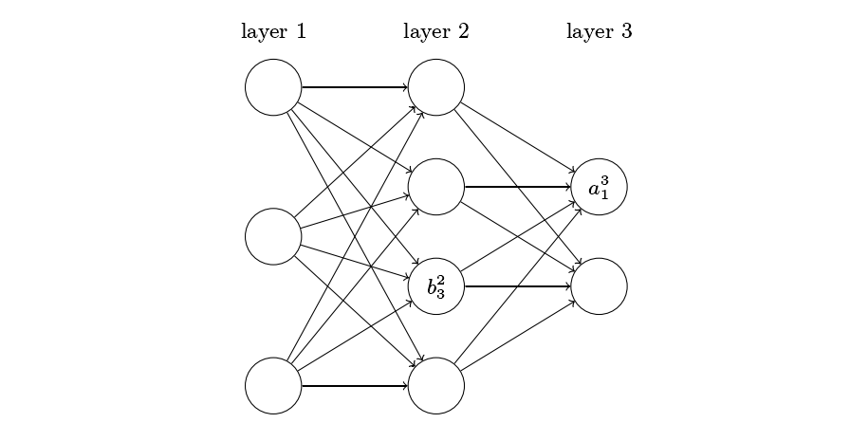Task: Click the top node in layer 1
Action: pyautogui.click(x=273, y=87)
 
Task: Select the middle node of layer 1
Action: pyautogui.click(x=273, y=236)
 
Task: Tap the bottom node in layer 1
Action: pyautogui.click(x=273, y=386)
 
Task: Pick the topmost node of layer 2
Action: pyautogui.click(x=436, y=87)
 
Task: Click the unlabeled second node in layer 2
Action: pyautogui.click(x=436, y=187)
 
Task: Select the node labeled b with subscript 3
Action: pyautogui.click(x=436, y=286)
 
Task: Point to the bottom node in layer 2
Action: pyautogui.click(x=436, y=386)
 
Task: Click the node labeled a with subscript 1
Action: pyautogui.click(x=599, y=187)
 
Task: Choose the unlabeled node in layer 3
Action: pyautogui.click(x=599, y=286)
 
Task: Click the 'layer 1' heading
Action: pyautogui.click(x=273, y=31)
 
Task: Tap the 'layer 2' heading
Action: pyautogui.click(x=436, y=31)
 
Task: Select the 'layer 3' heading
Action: pyautogui.click(x=599, y=31)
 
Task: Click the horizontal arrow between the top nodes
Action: pyautogui.click(x=355, y=87)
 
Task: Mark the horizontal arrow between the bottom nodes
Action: pyautogui.click(x=355, y=386)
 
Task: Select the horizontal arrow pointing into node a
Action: pyautogui.click(x=518, y=187)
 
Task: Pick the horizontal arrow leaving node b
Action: pyautogui.click(x=518, y=286)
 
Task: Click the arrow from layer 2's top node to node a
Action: pyautogui.click(x=517, y=138)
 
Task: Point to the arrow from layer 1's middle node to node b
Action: pyautogui.click(x=355, y=261)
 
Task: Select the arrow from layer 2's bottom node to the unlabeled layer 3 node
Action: pyautogui.click(x=517, y=336)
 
